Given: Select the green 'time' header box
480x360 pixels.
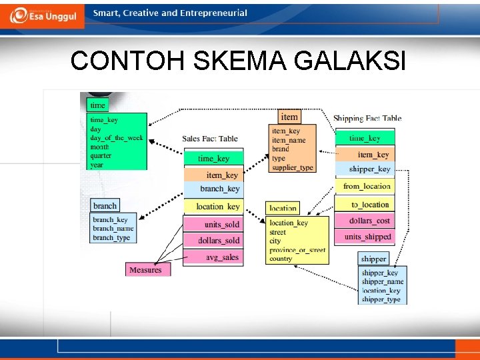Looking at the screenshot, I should coord(98,105).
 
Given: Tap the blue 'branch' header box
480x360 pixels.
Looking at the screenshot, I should coord(105,205).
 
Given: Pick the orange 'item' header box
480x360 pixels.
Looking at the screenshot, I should coord(289,117).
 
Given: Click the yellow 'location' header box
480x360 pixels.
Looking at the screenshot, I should coord(283,208).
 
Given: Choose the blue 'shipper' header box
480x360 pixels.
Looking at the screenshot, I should coord(373,258).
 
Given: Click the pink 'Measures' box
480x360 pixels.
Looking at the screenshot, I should coord(145,269).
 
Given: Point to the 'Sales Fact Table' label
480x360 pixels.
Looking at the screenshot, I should coord(210,139).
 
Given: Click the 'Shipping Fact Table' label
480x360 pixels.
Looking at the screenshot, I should coord(367,118).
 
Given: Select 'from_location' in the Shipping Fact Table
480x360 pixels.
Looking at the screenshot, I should coord(367,186).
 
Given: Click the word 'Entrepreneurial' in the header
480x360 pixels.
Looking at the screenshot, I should coord(213,13).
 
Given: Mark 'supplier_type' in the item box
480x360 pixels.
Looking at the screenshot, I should coord(292,167).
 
